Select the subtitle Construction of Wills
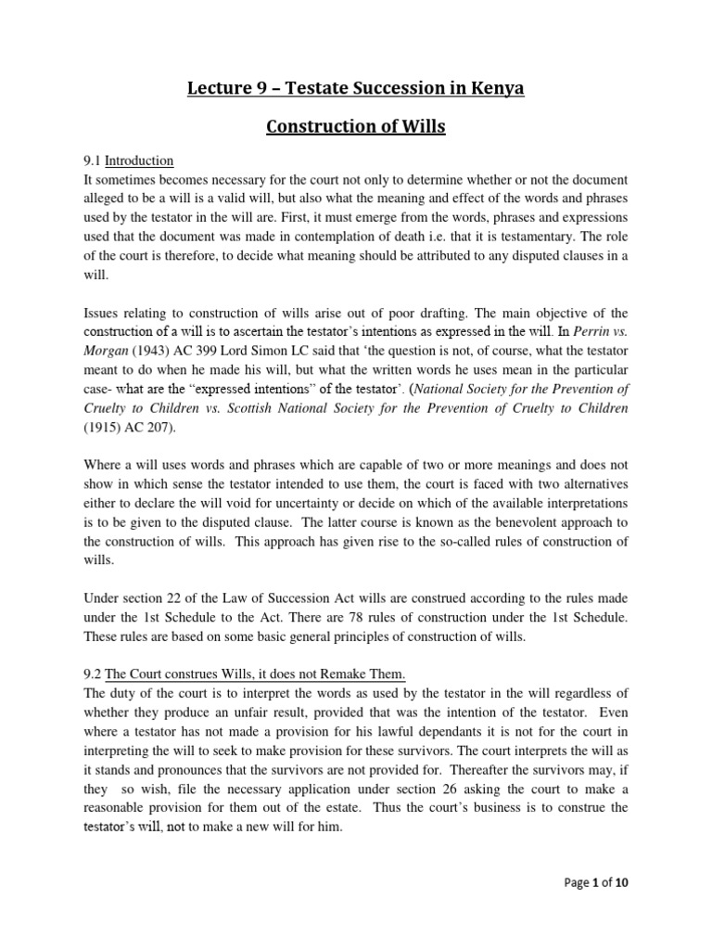356,126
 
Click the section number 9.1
92,160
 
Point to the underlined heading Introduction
139,160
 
